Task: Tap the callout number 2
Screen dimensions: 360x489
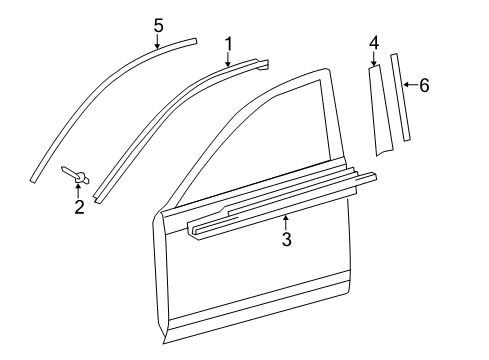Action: (x=78, y=207)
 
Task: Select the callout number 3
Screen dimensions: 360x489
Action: (x=286, y=240)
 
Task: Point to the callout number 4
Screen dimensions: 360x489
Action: (x=374, y=43)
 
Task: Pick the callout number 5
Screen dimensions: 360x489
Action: (x=158, y=24)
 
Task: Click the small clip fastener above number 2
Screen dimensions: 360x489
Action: (x=77, y=175)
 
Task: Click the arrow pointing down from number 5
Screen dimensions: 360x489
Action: (x=158, y=40)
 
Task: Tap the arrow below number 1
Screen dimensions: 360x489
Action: (x=228, y=60)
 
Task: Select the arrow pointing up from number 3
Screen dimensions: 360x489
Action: (x=286, y=221)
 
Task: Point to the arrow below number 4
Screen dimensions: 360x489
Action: (x=374, y=61)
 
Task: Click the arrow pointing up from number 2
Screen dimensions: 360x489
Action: (x=78, y=190)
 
